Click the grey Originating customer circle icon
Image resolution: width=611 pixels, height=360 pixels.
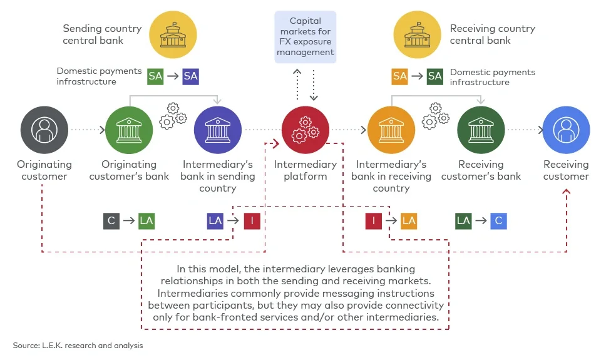click(x=44, y=130)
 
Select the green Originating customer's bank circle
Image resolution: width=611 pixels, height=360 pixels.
click(x=130, y=130)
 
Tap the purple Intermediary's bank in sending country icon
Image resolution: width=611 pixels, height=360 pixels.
click(x=217, y=130)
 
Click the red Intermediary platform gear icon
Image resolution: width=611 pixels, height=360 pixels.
click(x=305, y=130)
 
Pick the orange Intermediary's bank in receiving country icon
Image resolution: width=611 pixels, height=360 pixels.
click(x=391, y=130)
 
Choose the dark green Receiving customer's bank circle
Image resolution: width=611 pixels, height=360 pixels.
click(x=481, y=130)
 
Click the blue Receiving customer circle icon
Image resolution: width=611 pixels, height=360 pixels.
click(x=566, y=130)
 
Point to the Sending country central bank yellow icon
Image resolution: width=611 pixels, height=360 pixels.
click(x=173, y=34)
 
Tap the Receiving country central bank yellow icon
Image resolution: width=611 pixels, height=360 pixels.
click(x=417, y=34)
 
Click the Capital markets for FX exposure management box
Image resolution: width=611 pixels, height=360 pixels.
click(x=305, y=36)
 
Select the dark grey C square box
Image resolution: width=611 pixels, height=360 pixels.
click(x=111, y=220)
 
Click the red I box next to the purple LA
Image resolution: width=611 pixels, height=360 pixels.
click(x=252, y=220)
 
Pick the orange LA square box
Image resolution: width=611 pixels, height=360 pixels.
click(x=409, y=220)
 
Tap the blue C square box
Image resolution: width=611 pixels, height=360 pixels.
click(x=498, y=220)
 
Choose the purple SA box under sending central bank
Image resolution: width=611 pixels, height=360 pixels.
click(x=191, y=76)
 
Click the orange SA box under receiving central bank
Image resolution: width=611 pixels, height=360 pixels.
click(x=400, y=76)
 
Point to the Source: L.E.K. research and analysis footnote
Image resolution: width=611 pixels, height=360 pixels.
click(x=78, y=345)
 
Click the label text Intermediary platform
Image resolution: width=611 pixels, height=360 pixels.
click(x=305, y=170)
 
